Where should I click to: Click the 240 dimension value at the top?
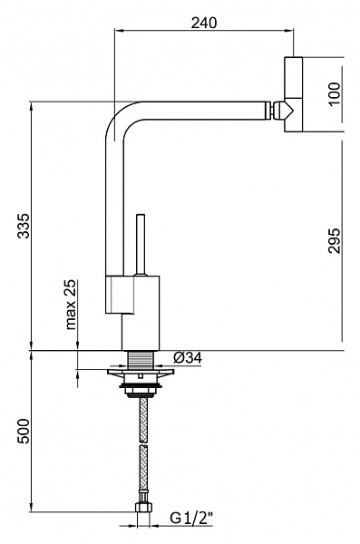204,23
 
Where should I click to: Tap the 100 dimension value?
334,94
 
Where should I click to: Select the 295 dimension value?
334,241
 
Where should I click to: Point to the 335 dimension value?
24,226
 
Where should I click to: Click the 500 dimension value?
24,431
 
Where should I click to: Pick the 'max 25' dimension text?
71,305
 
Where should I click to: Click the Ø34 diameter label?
188,358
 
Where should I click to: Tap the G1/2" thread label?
190,519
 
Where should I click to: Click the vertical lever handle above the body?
141,245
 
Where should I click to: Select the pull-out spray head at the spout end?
294,94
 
